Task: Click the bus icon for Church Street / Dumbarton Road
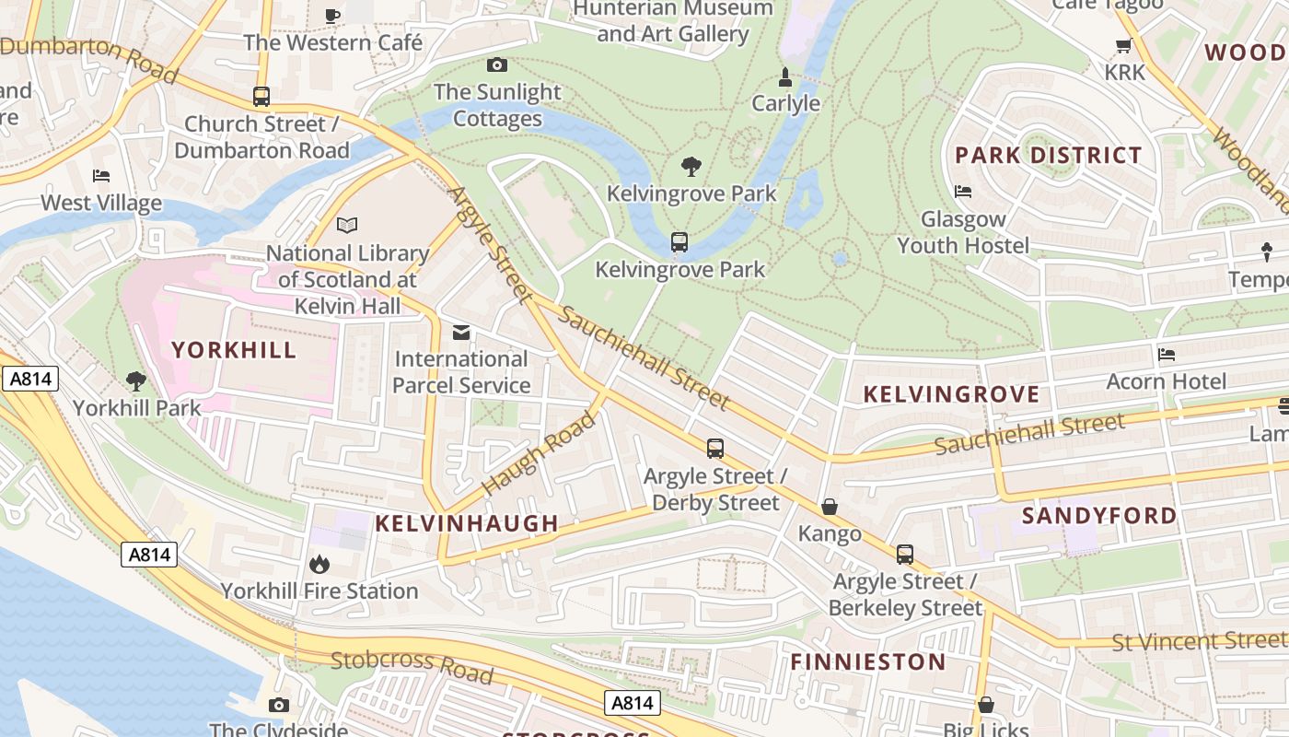[261, 97]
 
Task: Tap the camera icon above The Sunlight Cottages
[496, 64]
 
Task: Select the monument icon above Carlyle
[785, 76]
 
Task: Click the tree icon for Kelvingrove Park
[691, 167]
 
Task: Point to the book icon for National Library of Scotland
[347, 225]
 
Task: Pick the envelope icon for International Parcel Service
[461, 332]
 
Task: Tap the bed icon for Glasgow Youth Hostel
[963, 192]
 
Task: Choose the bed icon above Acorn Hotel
[1167, 354]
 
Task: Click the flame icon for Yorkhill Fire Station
[319, 563]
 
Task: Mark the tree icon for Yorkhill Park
[136, 380]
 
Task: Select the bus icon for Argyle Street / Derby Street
[715, 449]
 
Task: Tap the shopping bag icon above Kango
[830, 507]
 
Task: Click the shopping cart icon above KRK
[1123, 45]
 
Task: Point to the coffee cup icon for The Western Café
[332, 15]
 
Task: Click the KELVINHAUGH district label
[467, 523]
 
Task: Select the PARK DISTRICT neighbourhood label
[1049, 155]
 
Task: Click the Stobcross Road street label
[412, 667]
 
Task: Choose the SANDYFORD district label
[1099, 515]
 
